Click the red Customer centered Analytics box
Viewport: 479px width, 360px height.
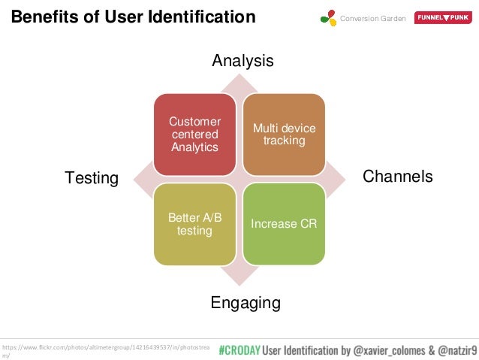pos(194,134)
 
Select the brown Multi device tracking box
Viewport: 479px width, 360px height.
pos(284,134)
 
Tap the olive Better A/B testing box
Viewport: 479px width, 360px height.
pos(194,224)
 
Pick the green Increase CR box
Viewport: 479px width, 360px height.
pos(284,224)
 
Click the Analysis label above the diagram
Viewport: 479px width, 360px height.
pos(242,60)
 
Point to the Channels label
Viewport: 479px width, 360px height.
pos(397,176)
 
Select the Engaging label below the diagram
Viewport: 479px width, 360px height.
pos(245,303)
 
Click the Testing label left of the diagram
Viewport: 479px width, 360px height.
pos(92,178)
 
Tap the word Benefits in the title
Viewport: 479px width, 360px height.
pos(43,17)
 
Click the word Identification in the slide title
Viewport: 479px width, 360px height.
pos(203,17)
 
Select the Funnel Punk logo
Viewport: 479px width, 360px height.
pos(443,17)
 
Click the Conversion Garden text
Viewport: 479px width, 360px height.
pos(373,17)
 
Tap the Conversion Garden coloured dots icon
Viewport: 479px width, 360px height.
pos(328,17)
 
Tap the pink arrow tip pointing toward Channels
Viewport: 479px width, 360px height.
pos(342,179)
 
